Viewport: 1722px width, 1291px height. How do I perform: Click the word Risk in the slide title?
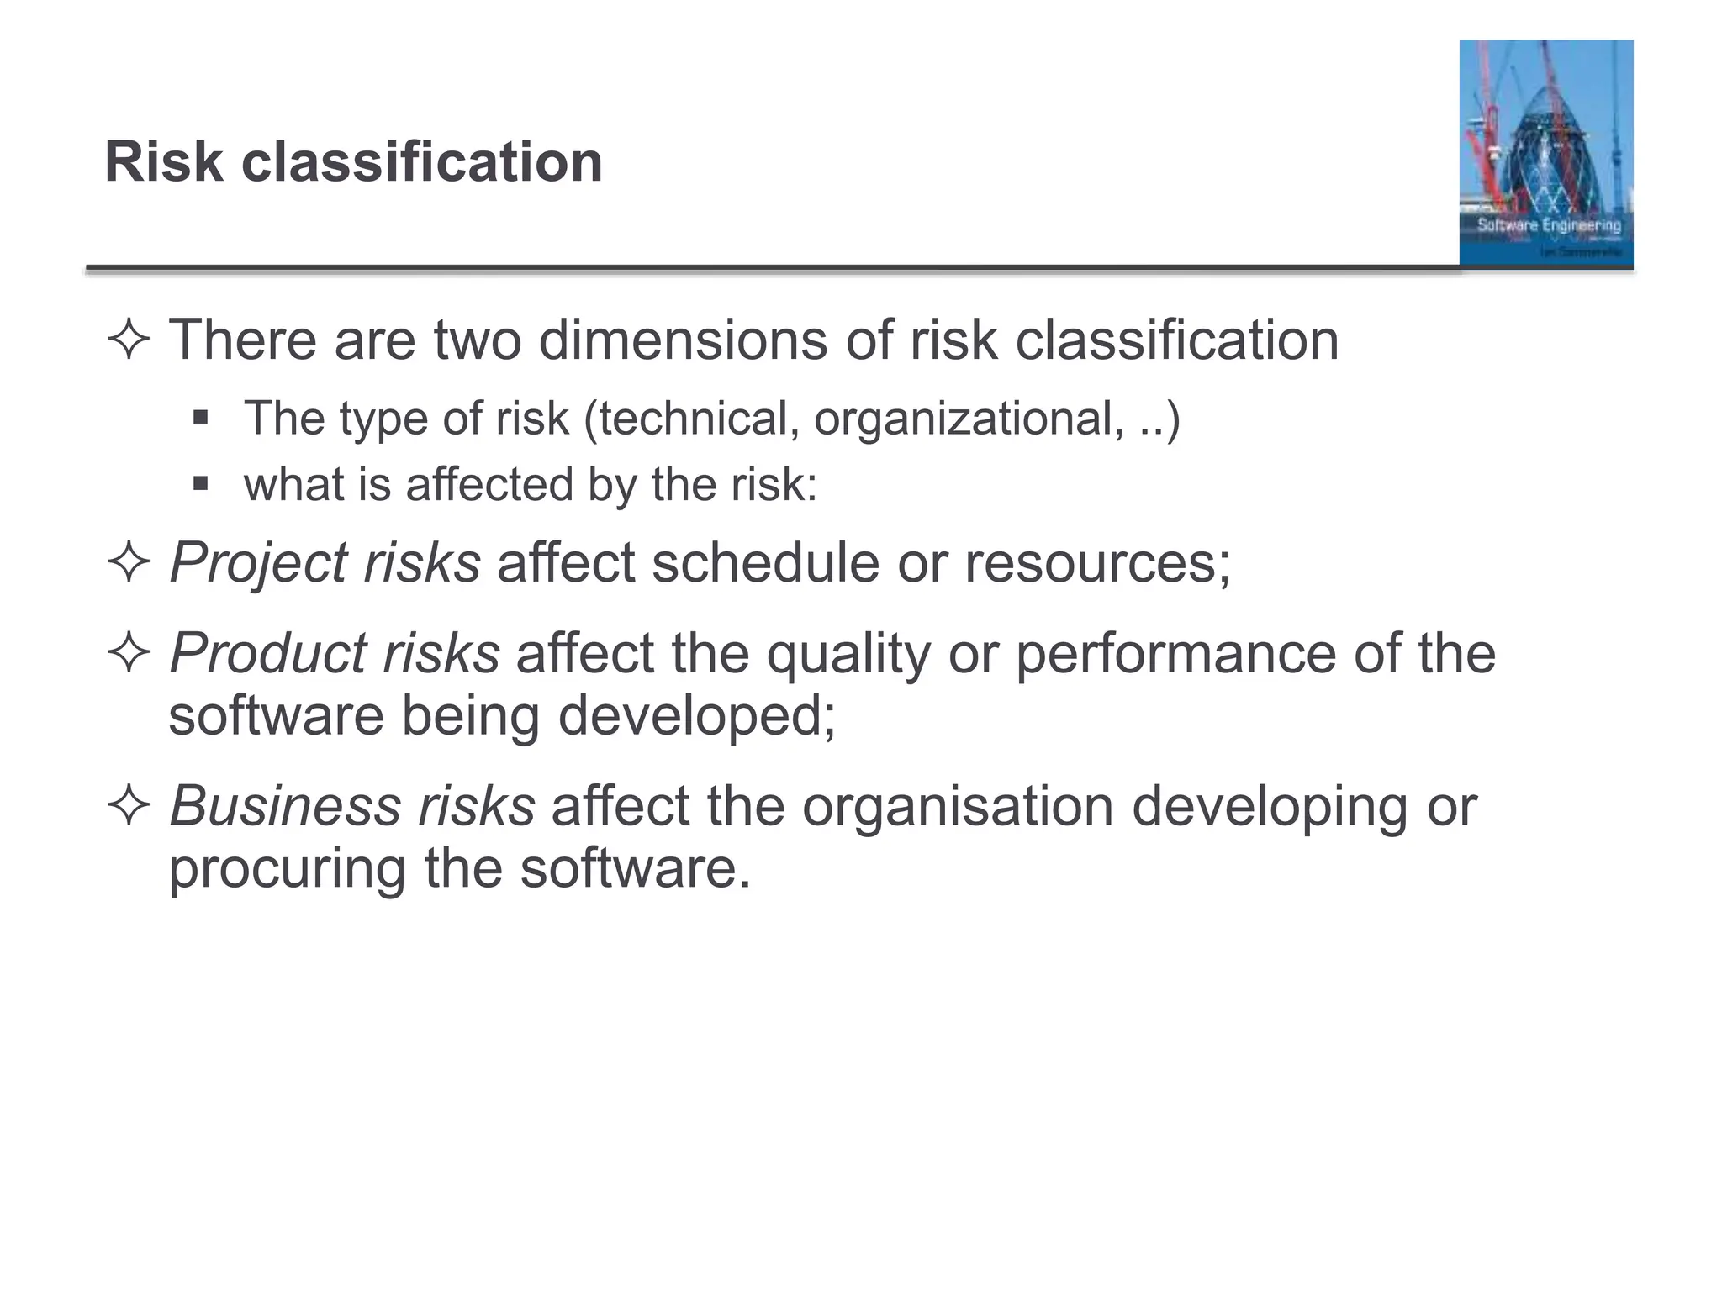164,161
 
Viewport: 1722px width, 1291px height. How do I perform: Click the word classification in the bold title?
422,161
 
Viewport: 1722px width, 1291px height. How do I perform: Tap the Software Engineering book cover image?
1545,153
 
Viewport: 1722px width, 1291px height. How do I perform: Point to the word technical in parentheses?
700,419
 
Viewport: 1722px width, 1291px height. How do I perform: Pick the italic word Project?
257,562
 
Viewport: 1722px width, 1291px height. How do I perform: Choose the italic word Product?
267,653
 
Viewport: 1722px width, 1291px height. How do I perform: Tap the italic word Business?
286,806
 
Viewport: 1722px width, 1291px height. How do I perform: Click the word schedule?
765,562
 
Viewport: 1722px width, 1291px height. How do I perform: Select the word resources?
1096,562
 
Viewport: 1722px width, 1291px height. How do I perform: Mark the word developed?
696,716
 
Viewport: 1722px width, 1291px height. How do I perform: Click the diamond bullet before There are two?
129,340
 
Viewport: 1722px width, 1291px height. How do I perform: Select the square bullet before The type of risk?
200,417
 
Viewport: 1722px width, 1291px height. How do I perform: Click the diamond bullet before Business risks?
129,806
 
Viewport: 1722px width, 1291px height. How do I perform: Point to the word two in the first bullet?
478,340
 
